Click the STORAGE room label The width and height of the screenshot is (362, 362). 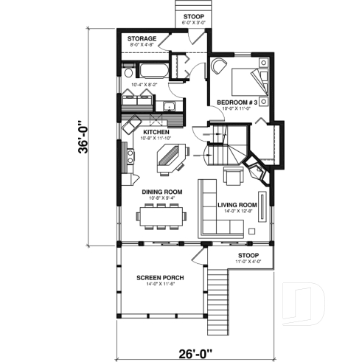tap(141, 38)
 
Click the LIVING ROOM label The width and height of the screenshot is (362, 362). tap(237, 204)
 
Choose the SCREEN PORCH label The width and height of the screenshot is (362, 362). tap(160, 278)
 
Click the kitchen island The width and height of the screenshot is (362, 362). tap(170, 156)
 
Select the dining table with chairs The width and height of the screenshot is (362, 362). tap(161, 217)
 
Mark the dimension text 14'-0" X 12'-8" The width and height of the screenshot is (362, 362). tap(237, 212)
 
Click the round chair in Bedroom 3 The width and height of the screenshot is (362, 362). tap(218, 66)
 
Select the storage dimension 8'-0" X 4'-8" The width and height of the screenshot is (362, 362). tap(141, 45)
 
